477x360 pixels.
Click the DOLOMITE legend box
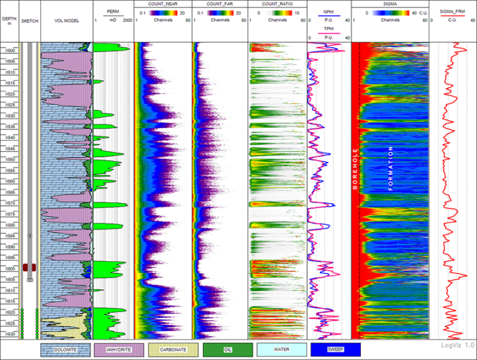tap(65, 349)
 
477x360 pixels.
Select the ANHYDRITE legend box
tap(119, 349)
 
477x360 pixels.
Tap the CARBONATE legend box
tap(173, 349)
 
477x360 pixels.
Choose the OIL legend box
tap(227, 349)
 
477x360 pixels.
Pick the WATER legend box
tap(281, 349)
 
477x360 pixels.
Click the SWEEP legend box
tap(335, 349)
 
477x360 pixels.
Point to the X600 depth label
tap(10, 269)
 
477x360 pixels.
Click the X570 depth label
tap(10, 203)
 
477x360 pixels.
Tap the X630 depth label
tap(10, 334)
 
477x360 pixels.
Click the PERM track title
tap(112, 11)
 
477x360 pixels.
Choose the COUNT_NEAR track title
tap(163, 4)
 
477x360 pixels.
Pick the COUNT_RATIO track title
tap(277, 4)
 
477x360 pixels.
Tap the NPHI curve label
tap(329, 11)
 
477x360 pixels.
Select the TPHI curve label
tap(329, 29)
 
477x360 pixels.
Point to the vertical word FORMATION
tap(391, 168)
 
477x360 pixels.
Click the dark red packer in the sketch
tap(29, 267)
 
